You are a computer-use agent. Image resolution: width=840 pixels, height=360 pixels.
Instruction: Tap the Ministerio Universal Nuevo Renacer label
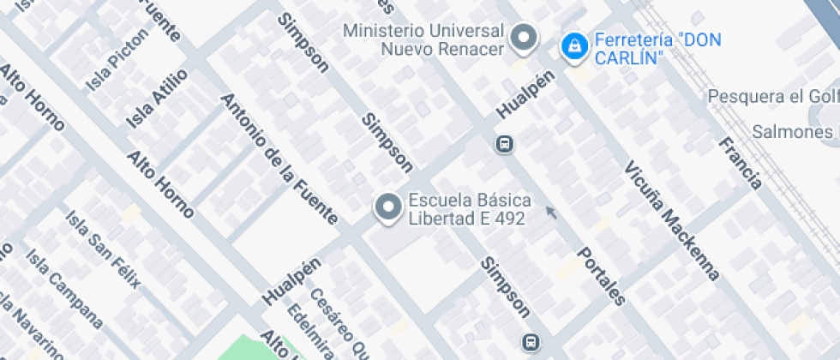point(423,39)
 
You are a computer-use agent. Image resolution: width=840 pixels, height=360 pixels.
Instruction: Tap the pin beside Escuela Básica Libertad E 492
point(388,207)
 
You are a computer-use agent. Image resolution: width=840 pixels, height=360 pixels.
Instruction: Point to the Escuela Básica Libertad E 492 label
point(468,209)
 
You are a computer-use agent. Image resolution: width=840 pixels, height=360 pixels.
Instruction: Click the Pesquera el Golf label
point(771,97)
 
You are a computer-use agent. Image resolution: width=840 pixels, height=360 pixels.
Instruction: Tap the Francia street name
point(740,162)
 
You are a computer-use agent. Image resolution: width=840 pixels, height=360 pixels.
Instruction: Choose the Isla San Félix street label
point(102,250)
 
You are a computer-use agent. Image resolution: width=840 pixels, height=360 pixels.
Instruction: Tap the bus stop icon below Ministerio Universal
point(505,144)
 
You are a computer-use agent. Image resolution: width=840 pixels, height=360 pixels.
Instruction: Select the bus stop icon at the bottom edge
point(531,343)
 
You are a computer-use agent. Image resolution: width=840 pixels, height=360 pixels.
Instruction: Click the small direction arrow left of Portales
point(551,212)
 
